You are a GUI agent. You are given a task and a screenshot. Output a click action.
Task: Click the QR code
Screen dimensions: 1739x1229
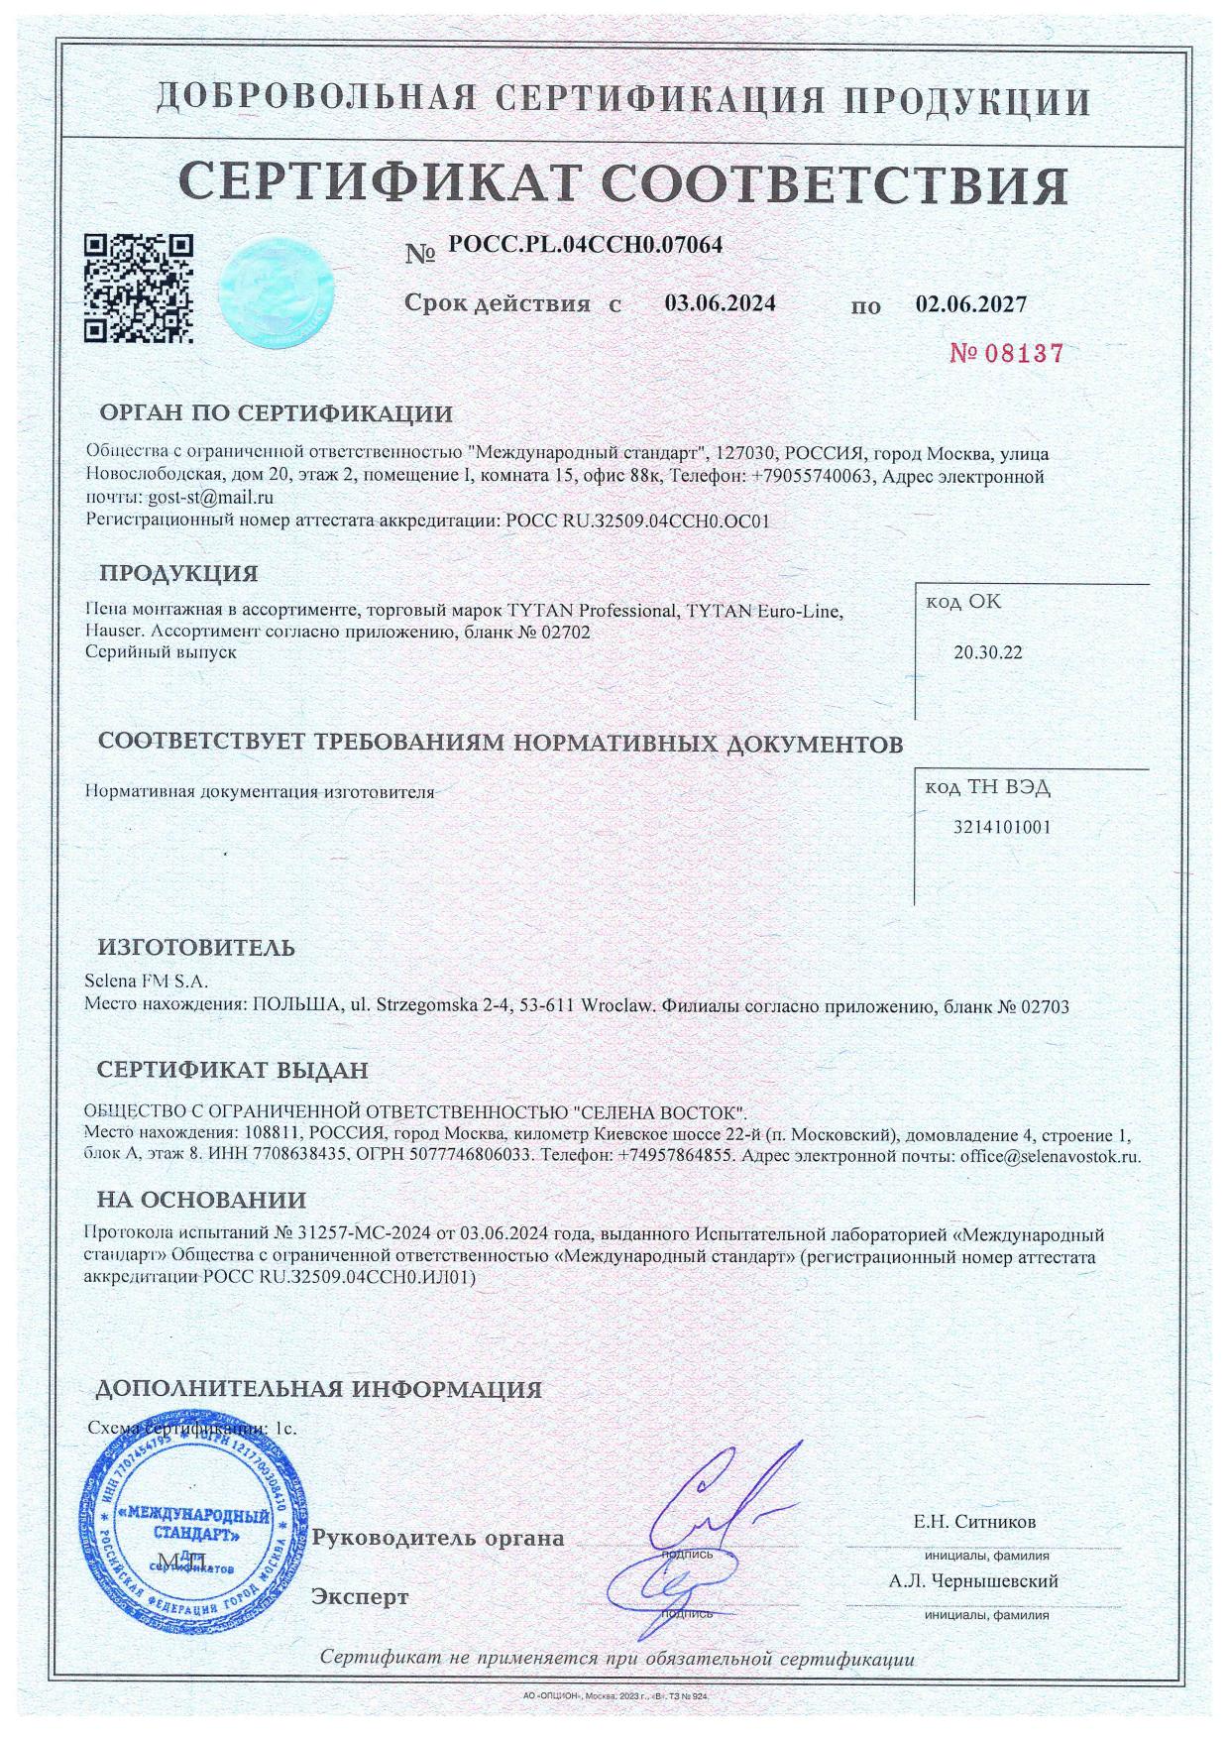coord(138,288)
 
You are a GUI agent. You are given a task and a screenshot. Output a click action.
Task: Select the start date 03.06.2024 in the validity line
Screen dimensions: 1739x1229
coord(720,303)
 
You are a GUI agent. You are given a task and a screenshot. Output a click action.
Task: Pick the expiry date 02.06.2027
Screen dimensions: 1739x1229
coord(971,303)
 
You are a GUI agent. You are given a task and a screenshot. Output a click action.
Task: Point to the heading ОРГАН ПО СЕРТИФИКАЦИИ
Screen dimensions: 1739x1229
coord(276,414)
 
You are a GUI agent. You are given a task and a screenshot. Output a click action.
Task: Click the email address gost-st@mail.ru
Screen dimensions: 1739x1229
coord(209,498)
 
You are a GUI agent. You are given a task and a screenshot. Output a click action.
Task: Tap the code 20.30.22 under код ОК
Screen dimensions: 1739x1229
coord(987,653)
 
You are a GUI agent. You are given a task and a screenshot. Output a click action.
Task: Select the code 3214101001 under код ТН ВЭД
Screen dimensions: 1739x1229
coord(1001,827)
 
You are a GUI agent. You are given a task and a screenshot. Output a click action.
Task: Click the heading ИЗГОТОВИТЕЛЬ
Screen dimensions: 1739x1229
coord(196,947)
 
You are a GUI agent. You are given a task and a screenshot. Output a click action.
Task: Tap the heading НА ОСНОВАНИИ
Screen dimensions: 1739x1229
coord(201,1201)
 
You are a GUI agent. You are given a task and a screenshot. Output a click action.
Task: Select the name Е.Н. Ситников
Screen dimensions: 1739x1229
coord(974,1522)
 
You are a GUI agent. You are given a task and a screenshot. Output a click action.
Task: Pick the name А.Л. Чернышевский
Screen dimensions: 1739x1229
coord(974,1581)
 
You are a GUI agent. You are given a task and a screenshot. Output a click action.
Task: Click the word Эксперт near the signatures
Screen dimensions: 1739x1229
coord(360,1597)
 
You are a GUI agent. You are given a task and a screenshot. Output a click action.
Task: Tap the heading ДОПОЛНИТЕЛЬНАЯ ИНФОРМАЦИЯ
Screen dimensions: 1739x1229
coord(318,1389)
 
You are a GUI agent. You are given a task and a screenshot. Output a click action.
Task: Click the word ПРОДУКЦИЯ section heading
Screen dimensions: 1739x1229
coord(178,574)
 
